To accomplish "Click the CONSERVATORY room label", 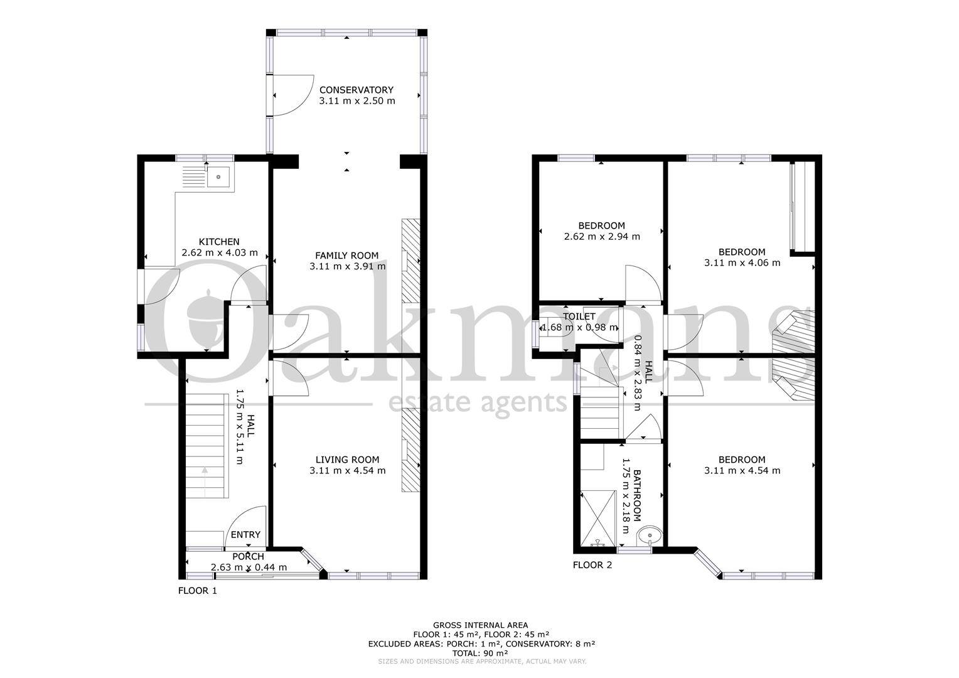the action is coord(356,90).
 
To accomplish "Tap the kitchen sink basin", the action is coord(218,177).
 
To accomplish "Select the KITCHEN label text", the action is coord(219,242).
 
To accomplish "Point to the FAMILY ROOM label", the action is coord(347,256).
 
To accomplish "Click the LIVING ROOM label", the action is coord(347,460).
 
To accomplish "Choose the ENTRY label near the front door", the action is coord(245,535).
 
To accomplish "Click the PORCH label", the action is coord(248,557).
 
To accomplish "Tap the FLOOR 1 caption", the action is coord(197,591).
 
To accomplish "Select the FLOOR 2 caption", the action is coord(592,566).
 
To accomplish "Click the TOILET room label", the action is coord(579,316).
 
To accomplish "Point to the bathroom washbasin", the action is coord(650,536).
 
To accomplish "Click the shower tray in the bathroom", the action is coord(599,519).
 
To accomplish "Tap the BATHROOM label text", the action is coord(636,495).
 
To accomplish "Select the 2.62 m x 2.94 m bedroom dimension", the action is coord(601,237).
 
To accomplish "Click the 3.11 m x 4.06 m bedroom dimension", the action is coord(742,263).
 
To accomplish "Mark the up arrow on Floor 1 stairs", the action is coord(205,482).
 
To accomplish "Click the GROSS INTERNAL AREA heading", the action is coord(480,625).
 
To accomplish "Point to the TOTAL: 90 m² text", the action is coord(480,653).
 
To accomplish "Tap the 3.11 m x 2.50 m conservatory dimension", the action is coord(356,101).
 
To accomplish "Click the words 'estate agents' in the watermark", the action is coord(478,402).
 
